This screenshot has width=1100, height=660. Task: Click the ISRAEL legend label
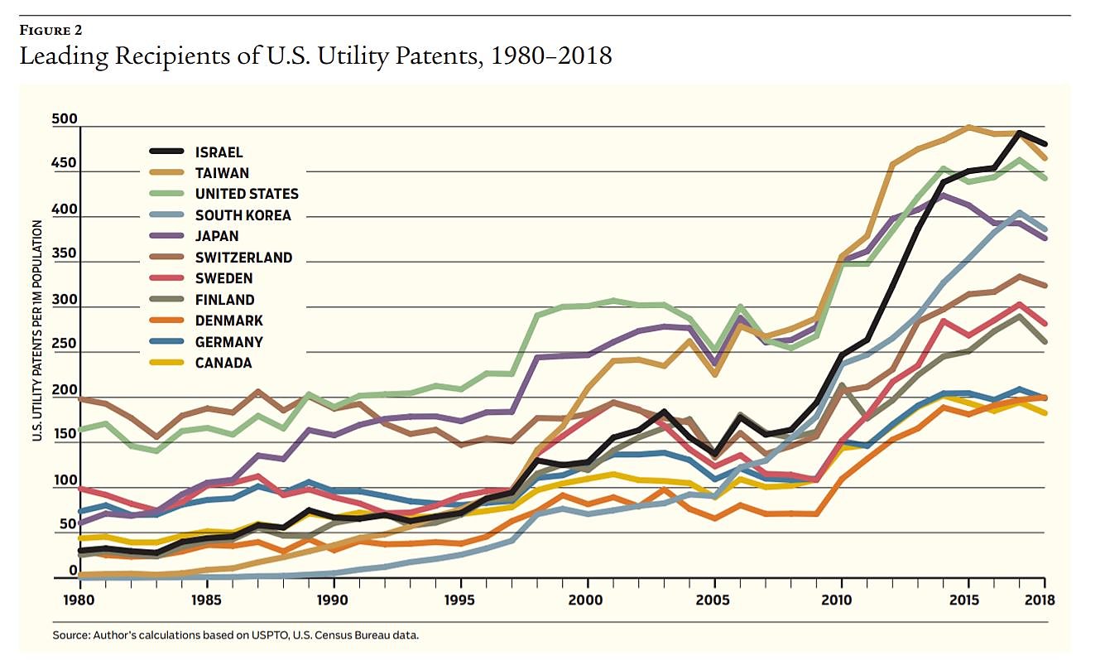[x=219, y=152]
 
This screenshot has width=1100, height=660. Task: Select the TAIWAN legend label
[x=221, y=173]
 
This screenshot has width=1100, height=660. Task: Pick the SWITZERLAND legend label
[x=244, y=258]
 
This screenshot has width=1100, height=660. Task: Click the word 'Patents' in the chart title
[x=415, y=56]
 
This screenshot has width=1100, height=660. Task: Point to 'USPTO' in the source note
[x=269, y=635]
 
